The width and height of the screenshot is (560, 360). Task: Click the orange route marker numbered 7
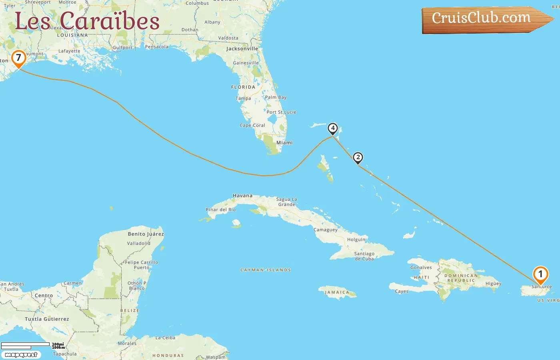click(x=18, y=58)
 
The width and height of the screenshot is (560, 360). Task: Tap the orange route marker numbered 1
click(x=540, y=274)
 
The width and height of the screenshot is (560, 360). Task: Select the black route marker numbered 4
click(x=332, y=128)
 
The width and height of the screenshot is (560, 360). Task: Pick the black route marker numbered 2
click(x=358, y=157)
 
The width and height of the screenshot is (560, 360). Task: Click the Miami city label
click(x=284, y=143)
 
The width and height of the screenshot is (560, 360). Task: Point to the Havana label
click(x=242, y=196)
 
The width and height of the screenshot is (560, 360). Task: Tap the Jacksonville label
click(x=242, y=49)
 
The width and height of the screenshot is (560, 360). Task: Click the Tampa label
click(x=243, y=98)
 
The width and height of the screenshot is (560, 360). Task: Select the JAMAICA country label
click(x=337, y=292)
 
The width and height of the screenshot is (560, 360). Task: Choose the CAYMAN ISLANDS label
click(x=266, y=270)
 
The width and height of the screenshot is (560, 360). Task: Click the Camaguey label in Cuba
click(x=326, y=230)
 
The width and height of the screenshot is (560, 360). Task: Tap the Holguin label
click(x=356, y=240)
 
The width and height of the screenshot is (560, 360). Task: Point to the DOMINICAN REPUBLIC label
click(x=461, y=278)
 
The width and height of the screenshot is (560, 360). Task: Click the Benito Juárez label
click(x=146, y=234)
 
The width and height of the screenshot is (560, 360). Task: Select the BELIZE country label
click(x=130, y=310)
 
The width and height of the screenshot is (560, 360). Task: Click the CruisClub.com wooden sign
click(x=482, y=19)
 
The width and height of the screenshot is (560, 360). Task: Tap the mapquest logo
click(x=21, y=355)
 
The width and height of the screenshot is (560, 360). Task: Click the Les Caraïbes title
click(x=87, y=21)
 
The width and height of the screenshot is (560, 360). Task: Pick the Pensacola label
click(x=157, y=47)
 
